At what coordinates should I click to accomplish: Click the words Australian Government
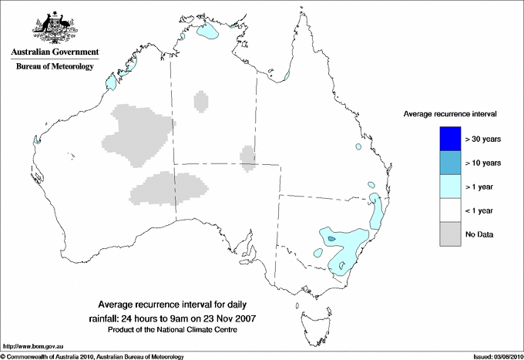[x=55, y=52]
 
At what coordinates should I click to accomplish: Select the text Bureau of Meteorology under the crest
[x=55, y=67]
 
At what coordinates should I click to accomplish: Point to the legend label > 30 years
[x=483, y=140]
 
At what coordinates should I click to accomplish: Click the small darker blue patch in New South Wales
[x=331, y=239]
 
